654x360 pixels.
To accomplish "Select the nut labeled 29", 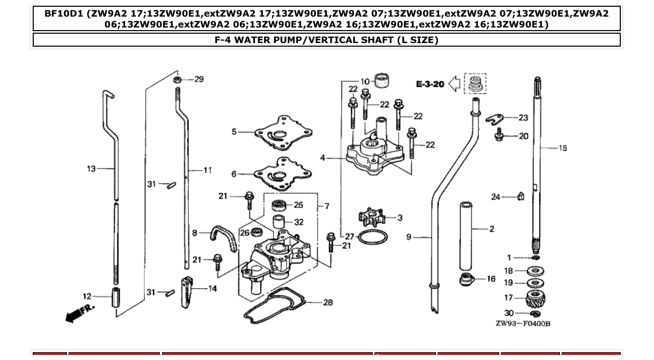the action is coord(178,80).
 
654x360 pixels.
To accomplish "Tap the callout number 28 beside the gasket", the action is coord(328,302).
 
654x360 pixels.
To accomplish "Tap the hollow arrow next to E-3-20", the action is coord(455,84).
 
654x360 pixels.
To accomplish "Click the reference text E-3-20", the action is coord(430,84).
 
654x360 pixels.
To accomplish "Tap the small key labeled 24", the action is coord(521,196).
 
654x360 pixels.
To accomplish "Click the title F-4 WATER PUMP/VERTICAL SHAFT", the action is coord(326,40).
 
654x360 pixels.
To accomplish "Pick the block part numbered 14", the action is coord(188,292).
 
